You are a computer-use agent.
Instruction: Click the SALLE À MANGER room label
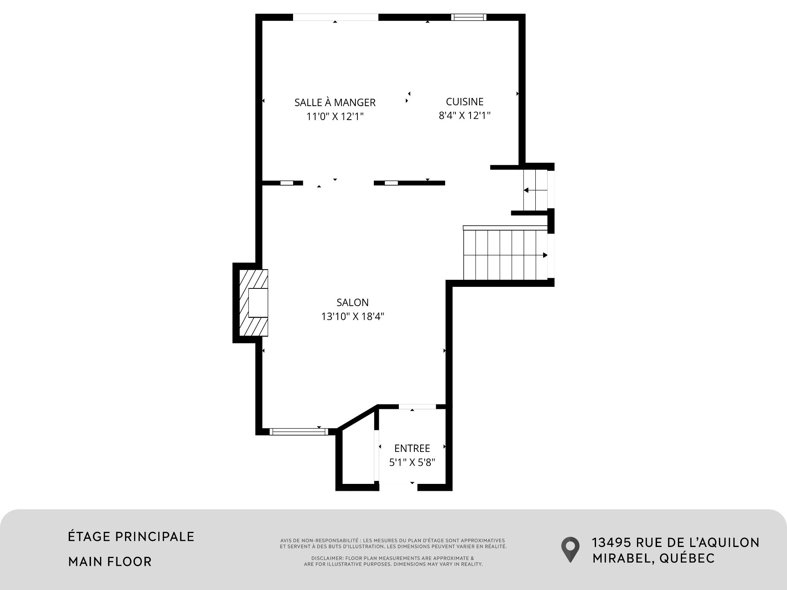[x=335, y=102]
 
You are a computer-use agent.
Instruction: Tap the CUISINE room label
[x=464, y=102]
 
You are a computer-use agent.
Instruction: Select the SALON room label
[x=353, y=302]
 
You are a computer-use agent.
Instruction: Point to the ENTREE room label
[x=412, y=448]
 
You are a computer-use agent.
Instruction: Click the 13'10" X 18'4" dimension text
[x=353, y=316]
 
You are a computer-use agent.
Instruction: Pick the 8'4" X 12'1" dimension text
[x=464, y=116]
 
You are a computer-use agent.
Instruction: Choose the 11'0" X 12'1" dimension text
[x=335, y=117]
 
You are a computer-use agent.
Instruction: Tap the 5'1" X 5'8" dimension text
[x=412, y=462]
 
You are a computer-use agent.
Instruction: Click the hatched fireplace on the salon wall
[x=253, y=303]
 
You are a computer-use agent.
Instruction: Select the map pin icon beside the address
[x=570, y=549]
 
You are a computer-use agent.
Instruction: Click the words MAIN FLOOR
[x=110, y=561]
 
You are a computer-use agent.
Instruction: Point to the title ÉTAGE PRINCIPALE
[x=131, y=536]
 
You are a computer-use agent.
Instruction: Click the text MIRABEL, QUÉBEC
[x=653, y=558]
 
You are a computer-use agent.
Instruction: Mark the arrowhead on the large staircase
[x=545, y=255]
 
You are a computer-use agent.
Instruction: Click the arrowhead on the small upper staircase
[x=526, y=190]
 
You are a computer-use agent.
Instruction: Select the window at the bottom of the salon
[x=299, y=431]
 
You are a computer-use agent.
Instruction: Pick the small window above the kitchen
[x=469, y=17]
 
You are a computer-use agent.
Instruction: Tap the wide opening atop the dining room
[x=335, y=17]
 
